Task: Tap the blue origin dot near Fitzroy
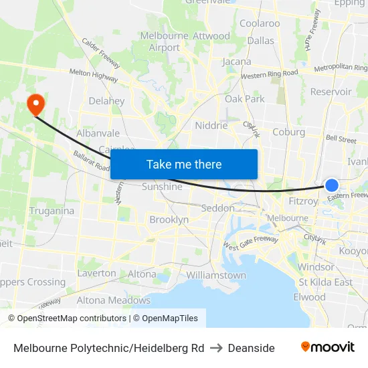click(x=332, y=185)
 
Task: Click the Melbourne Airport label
click(x=165, y=41)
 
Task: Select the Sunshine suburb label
click(x=162, y=187)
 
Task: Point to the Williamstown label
click(x=216, y=275)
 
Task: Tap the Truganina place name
click(x=52, y=211)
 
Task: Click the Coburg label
click(x=288, y=132)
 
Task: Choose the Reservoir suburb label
click(x=331, y=92)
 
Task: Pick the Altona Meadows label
click(x=113, y=300)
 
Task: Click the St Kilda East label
click(x=326, y=282)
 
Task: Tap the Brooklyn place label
click(x=169, y=219)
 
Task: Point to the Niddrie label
click(x=211, y=125)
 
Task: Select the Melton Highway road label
click(x=94, y=76)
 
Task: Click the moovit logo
click(x=328, y=347)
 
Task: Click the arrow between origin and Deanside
click(x=215, y=348)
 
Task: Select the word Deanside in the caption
click(x=251, y=348)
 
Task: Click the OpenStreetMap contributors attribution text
click(x=68, y=318)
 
